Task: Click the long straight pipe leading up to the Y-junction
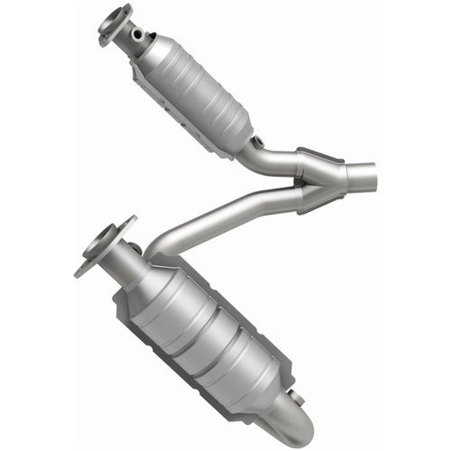pyautogui.click(x=225, y=212)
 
